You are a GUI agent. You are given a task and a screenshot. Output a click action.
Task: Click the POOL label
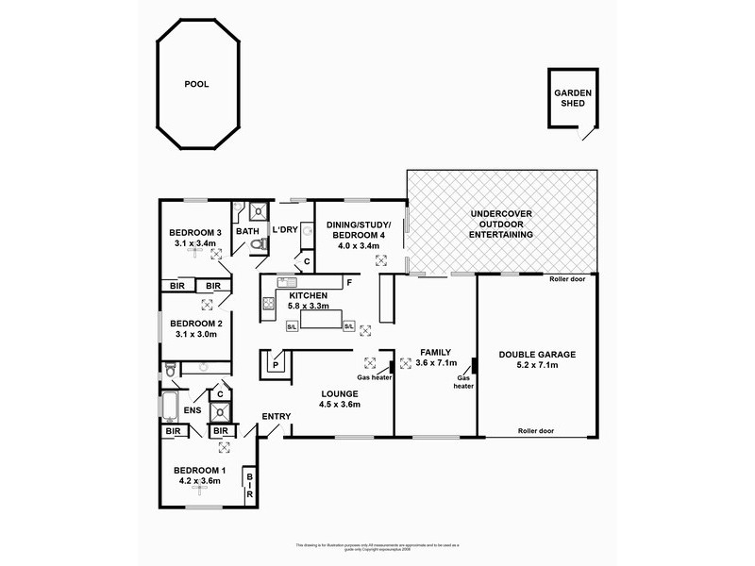[x=197, y=84]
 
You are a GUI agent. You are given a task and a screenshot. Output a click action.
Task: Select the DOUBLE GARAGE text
[x=536, y=355]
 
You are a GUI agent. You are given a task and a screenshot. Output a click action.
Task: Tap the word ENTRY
[x=277, y=416]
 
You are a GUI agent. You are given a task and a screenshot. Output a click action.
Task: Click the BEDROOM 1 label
[x=198, y=470]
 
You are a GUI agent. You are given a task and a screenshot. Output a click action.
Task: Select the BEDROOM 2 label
[x=194, y=323]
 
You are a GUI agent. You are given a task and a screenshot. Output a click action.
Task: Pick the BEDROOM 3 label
[x=194, y=233]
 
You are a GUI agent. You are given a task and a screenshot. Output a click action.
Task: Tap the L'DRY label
[x=285, y=230]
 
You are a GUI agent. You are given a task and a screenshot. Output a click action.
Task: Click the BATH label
[x=247, y=231]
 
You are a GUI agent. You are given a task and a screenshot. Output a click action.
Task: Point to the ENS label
[x=193, y=410]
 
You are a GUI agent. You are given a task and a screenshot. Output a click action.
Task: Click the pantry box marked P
[x=277, y=364]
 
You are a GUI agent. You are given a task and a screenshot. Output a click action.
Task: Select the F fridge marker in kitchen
[x=349, y=283]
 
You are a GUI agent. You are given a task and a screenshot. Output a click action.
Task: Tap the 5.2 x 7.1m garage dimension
[x=536, y=366]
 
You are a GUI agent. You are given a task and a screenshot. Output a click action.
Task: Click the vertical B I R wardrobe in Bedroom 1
[x=250, y=486]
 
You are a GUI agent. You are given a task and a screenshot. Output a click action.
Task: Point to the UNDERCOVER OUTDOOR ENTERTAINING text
[x=501, y=225]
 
